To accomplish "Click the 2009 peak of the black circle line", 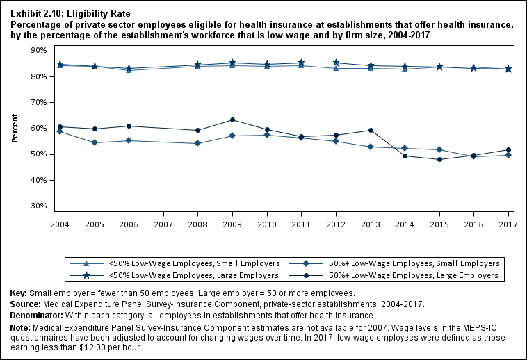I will tap(232, 120).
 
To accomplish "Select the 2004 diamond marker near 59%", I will tap(60, 131).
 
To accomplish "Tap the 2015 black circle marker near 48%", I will tap(439, 160).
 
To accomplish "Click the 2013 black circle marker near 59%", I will tap(371, 131).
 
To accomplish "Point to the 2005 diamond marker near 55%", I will tap(94, 142).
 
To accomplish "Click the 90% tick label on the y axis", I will tap(38, 51).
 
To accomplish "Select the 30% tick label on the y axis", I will tap(38, 206).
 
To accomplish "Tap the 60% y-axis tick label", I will tap(38, 129).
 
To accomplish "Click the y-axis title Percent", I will tap(15, 129).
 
